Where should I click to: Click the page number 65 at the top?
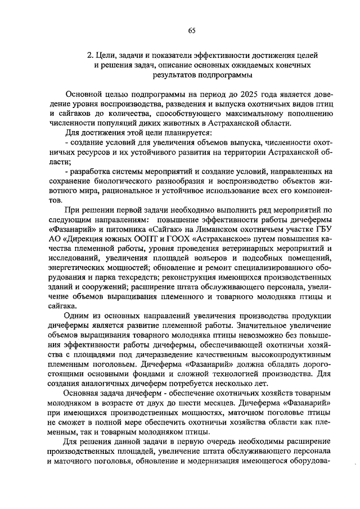191,31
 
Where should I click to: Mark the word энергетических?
78,268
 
